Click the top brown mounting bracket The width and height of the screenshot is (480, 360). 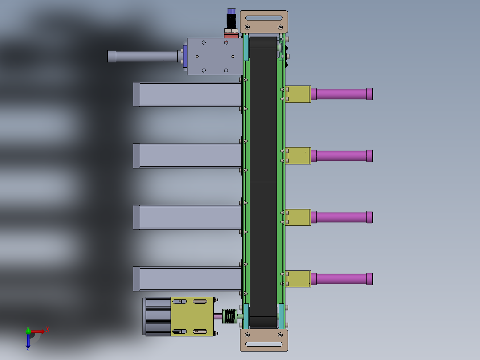click(x=264, y=21)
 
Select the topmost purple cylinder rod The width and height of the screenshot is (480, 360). click(x=342, y=94)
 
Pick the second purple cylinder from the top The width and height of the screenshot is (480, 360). click(x=342, y=155)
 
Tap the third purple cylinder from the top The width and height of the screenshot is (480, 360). click(x=342, y=217)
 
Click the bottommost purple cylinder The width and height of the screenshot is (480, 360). click(x=342, y=279)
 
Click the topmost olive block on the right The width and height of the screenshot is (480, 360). click(x=298, y=94)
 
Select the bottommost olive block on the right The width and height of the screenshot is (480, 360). click(x=298, y=279)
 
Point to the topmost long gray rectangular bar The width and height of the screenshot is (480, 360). click(x=189, y=94)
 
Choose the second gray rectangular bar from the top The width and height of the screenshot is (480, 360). click(x=189, y=155)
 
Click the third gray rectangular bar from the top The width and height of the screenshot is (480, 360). click(x=189, y=217)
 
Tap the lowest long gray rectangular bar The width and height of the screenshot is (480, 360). click(x=189, y=279)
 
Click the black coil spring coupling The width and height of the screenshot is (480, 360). click(x=230, y=316)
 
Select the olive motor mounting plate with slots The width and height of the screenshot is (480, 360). click(x=192, y=316)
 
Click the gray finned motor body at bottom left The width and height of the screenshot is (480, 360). click(x=157, y=316)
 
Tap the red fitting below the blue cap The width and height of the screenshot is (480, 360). click(x=231, y=33)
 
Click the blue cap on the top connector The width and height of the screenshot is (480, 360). click(x=231, y=11)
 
